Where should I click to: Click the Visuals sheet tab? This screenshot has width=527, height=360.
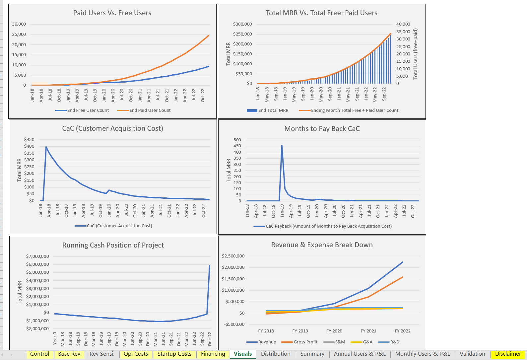click(242, 354)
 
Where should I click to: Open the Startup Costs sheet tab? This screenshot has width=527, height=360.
click(174, 354)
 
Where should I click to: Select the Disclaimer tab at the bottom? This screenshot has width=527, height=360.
click(508, 354)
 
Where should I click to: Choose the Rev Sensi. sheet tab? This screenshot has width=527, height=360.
click(102, 354)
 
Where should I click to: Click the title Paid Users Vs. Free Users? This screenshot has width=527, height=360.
click(112, 13)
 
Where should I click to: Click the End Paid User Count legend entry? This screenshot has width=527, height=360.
click(150, 110)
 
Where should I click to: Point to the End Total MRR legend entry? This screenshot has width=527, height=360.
click(273, 110)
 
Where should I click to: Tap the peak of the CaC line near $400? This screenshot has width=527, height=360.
click(46, 147)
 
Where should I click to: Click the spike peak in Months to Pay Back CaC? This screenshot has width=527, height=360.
click(282, 146)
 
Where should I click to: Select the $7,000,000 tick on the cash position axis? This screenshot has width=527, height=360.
click(37, 256)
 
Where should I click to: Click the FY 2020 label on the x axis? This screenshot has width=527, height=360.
click(334, 331)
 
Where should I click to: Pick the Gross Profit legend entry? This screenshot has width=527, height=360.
click(305, 342)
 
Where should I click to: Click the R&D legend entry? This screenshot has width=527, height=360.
click(394, 342)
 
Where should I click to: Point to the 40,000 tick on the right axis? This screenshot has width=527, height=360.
click(403, 24)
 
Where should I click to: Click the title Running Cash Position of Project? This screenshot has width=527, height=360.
click(113, 245)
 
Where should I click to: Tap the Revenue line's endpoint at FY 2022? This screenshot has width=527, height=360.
click(402, 262)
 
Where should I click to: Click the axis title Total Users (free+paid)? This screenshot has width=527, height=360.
click(415, 54)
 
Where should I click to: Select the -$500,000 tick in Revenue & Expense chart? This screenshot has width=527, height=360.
click(233, 324)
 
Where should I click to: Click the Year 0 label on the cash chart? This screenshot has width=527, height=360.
click(55, 338)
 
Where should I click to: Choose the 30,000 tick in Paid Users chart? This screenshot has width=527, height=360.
click(19, 24)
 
